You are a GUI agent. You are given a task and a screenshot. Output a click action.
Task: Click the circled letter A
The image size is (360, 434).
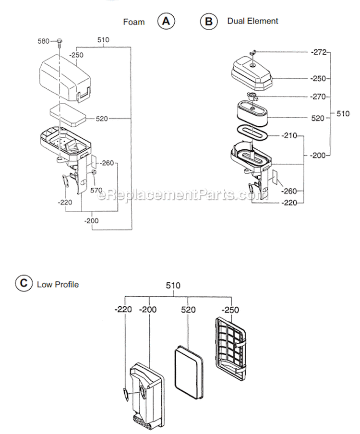[x=166, y=21]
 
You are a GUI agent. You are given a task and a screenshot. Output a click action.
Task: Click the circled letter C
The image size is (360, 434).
[x=22, y=284]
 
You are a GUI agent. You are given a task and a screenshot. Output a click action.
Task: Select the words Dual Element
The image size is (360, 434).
[x=252, y=21]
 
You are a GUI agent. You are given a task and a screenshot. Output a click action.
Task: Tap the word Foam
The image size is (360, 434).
[x=133, y=22]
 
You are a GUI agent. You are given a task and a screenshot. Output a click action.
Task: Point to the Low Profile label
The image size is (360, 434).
[x=58, y=284]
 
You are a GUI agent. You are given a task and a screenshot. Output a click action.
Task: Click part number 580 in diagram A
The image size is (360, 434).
[x=44, y=41]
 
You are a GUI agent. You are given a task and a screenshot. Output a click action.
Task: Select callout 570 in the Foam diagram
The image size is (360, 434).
[x=97, y=190]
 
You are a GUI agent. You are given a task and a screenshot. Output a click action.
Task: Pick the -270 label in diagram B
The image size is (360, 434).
[x=318, y=96]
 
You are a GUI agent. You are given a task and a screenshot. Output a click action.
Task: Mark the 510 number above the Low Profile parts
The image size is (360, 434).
[x=173, y=286]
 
